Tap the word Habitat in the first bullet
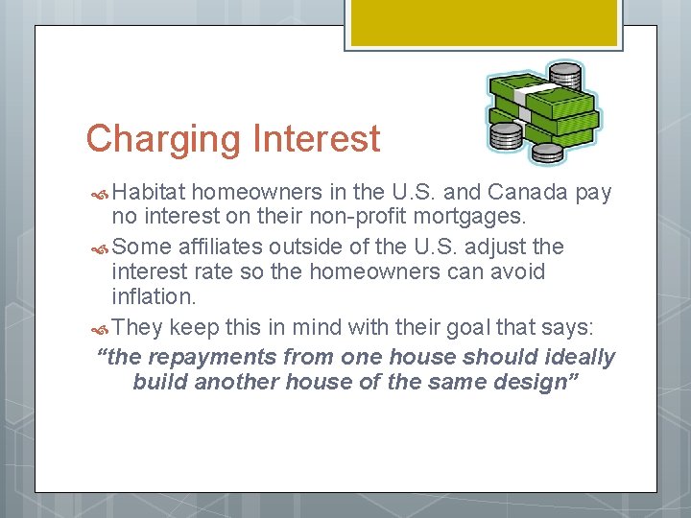point(155,193)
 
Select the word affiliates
point(223,247)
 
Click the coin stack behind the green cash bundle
point(564,74)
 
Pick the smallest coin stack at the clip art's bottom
point(548,153)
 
